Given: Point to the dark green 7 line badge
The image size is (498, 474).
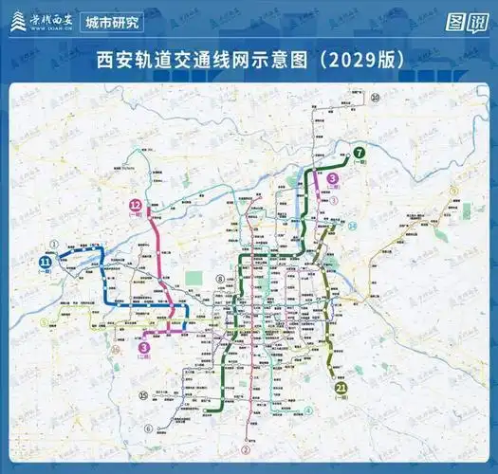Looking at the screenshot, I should [x=360, y=153].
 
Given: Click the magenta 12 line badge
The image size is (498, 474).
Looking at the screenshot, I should [x=137, y=206].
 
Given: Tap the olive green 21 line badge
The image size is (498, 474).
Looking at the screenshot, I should [x=341, y=387].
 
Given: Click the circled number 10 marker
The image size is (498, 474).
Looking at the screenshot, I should [x=376, y=97].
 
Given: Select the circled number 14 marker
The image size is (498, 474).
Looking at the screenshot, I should [x=352, y=226].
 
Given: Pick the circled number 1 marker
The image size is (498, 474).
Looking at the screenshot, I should [x=55, y=244].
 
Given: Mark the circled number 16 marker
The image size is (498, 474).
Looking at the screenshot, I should [x=115, y=350].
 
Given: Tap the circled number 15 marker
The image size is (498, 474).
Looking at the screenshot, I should [x=143, y=395].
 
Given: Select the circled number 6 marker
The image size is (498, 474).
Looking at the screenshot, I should [x=148, y=428].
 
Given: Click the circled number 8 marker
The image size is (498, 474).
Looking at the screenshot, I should [x=219, y=279].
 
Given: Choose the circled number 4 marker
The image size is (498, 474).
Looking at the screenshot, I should [x=308, y=410].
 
